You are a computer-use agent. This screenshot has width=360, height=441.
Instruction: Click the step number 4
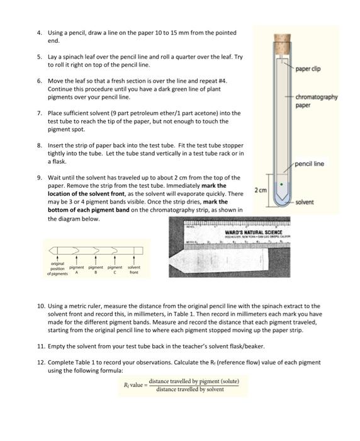click(x=39, y=33)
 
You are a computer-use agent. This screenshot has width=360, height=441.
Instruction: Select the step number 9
click(x=39, y=178)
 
